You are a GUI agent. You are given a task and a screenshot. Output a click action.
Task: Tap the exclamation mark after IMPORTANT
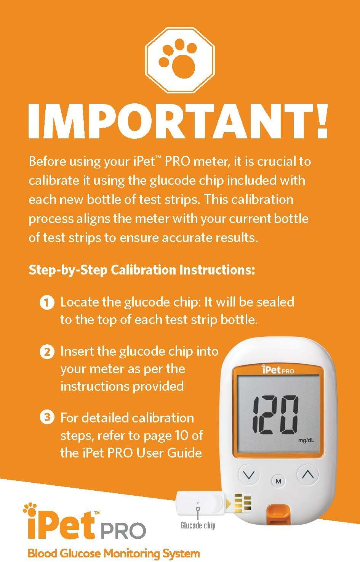coord(321,121)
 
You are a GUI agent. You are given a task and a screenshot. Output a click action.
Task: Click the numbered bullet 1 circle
coord(47,303)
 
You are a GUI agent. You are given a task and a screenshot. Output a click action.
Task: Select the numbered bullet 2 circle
coord(47,352)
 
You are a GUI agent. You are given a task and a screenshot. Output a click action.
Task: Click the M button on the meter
coord(278,481)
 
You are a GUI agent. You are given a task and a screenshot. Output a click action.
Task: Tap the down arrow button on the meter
coord(249,474)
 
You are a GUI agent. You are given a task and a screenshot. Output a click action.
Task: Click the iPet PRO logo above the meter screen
coord(278,370)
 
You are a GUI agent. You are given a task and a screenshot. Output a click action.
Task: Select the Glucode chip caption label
coord(198,525)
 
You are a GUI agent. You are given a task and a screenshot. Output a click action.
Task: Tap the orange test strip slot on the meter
coord(278,514)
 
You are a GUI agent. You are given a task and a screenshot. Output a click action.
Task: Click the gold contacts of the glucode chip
coord(243,503)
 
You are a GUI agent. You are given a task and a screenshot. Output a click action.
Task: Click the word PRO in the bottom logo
coord(123,531)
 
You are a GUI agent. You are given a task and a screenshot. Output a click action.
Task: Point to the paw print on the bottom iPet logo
coord(30,508)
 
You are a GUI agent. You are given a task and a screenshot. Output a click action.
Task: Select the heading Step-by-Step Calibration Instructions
coord(142,270)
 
